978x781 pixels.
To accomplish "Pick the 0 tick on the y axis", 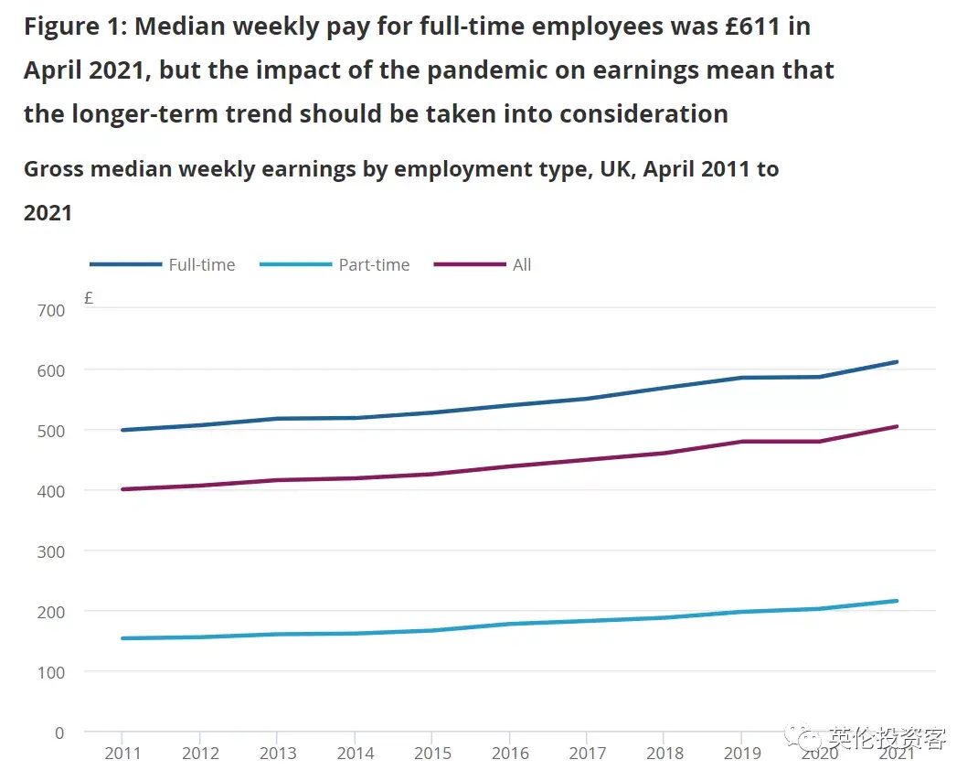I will (59, 733).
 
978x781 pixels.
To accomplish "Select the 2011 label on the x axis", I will (122, 754).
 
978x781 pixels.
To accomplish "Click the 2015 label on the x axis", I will (432, 754).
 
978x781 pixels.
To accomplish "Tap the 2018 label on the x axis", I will (664, 754).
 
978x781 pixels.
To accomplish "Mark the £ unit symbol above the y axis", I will (89, 298).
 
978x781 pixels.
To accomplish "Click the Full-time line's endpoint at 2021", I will (898, 362).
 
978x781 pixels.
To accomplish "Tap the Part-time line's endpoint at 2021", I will (898, 601).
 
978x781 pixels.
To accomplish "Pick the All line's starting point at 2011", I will (122, 489).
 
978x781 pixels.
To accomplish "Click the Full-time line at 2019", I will (742, 378).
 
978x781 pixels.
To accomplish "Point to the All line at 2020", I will (820, 442).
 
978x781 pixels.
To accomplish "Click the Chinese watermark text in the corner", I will (887, 739).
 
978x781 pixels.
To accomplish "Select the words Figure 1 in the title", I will (74, 27).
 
